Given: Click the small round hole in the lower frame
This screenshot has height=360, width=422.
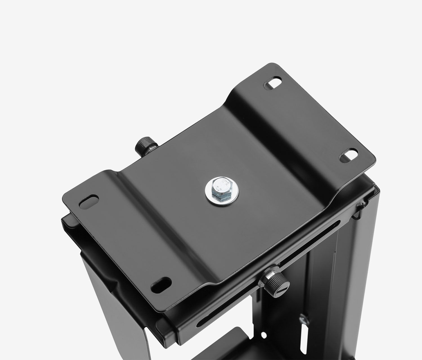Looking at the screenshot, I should pos(264,335).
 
